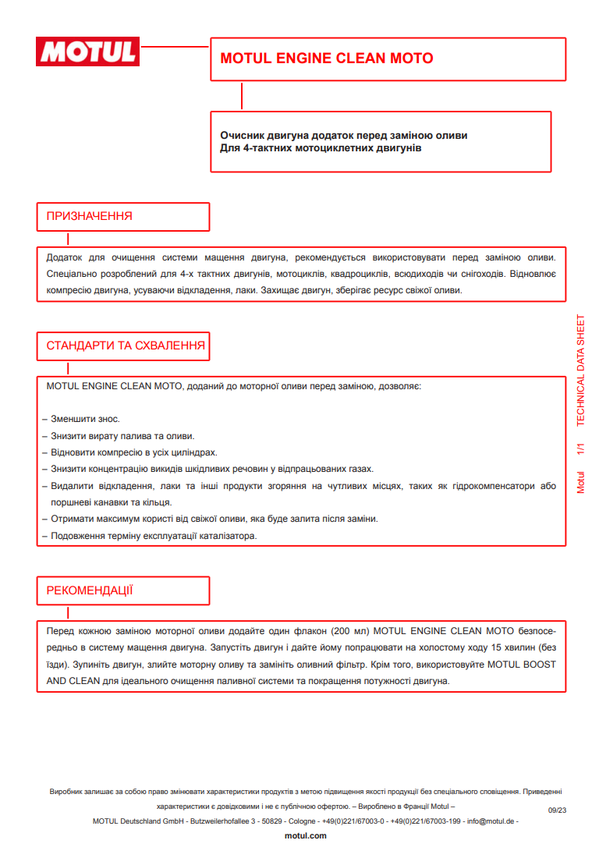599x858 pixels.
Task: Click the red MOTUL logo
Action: [88, 51]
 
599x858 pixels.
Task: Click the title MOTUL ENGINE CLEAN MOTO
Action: [327, 58]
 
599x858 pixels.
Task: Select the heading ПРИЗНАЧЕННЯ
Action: [90, 216]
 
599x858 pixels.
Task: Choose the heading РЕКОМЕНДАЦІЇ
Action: [90, 590]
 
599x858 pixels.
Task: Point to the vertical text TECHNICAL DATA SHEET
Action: [580, 370]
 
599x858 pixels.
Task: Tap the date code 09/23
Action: [557, 811]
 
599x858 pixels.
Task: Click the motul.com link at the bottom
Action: [306, 835]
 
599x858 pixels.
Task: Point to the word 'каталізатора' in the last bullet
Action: [228, 536]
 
